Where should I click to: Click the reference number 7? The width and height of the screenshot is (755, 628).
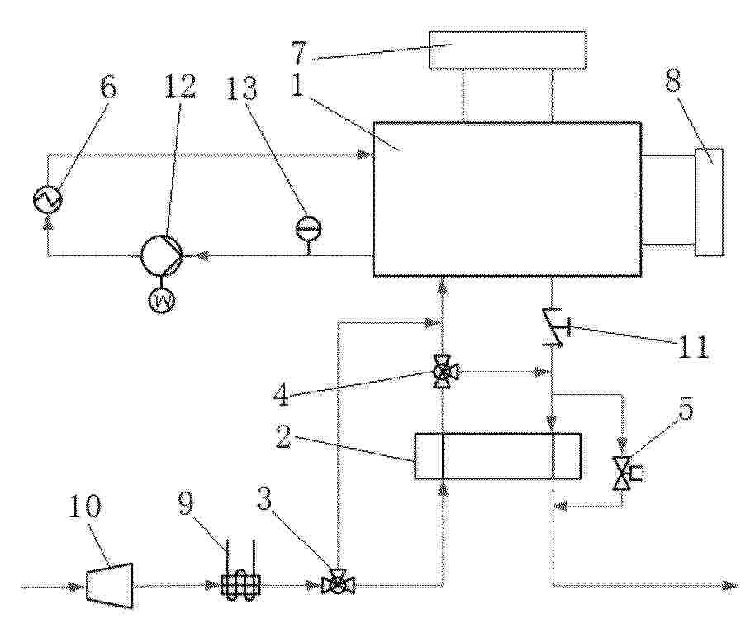pos(299,53)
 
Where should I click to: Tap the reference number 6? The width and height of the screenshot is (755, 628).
pos(109,87)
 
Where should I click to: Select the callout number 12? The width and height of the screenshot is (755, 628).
pos(181,87)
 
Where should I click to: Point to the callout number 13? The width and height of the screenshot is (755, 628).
pos(242,87)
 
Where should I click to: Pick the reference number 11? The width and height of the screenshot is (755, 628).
pos(693,346)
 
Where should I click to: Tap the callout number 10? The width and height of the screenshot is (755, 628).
pos(85,507)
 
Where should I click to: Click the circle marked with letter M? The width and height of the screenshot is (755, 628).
pos(162,301)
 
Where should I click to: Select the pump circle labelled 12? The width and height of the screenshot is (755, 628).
pos(161,255)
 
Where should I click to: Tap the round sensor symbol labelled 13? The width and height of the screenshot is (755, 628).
pos(308,228)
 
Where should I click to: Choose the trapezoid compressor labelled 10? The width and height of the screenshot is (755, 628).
pos(110,584)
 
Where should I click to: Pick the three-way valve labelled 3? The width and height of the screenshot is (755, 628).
pos(339,583)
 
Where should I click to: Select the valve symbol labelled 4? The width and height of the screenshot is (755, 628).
pos(444,371)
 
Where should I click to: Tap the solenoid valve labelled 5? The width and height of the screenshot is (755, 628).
pos(626,473)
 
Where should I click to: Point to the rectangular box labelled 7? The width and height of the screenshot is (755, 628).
pos(508,50)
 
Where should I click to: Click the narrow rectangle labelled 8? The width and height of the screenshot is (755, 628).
pos(709,202)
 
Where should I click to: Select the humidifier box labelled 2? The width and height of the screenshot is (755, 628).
pos(498,456)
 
